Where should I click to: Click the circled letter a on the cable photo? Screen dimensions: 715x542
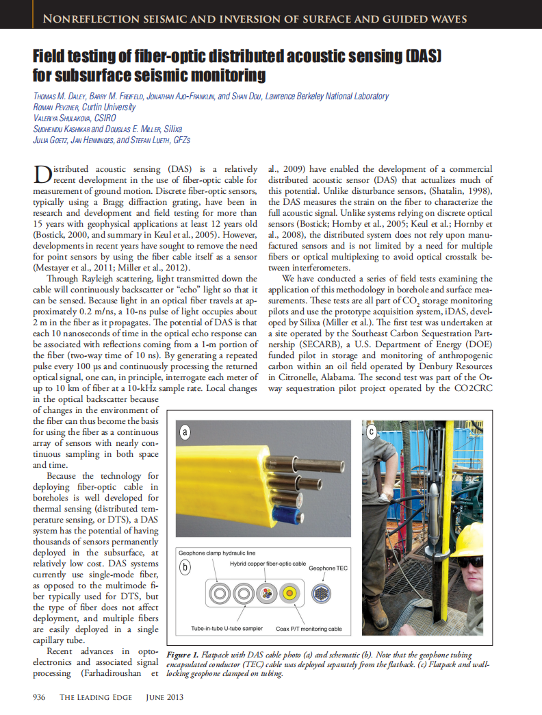[184, 432]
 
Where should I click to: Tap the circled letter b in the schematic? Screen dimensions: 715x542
[184, 568]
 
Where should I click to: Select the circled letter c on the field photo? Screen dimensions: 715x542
[372, 431]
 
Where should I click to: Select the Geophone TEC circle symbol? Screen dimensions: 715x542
[321, 594]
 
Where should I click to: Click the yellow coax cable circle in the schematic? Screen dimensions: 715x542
[291, 593]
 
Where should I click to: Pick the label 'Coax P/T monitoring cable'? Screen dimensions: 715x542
[309, 629]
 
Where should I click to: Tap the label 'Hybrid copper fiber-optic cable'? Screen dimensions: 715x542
[268, 562]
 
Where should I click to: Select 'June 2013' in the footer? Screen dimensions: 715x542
[165, 697]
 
